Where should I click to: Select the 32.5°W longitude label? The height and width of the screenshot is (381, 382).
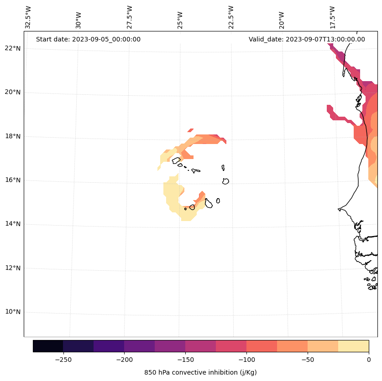pyautogui.click(x=28, y=17)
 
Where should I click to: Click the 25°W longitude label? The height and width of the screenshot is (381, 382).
pyautogui.click(x=180, y=17)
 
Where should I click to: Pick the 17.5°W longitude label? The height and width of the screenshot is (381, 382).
pyautogui.click(x=332, y=17)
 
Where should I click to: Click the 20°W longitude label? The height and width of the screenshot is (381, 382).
pyautogui.click(x=282, y=17)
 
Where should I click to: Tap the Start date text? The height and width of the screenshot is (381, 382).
pyautogui.click(x=88, y=39)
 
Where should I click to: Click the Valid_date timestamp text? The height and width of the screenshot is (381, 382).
pyautogui.click(x=307, y=39)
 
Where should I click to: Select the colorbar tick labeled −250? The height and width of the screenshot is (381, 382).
pyautogui.click(x=63, y=360)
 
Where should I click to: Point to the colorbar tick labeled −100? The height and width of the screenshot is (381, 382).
pyautogui.click(x=246, y=360)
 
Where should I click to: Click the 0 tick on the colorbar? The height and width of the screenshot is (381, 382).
pyautogui.click(x=369, y=360)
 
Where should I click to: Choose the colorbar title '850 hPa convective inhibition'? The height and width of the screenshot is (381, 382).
pyautogui.click(x=200, y=372)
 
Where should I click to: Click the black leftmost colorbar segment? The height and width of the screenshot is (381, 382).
pyautogui.click(x=48, y=346)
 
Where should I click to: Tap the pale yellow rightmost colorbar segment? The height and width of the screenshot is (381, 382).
pyautogui.click(x=353, y=346)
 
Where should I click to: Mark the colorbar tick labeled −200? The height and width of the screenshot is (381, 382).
pyautogui.click(x=124, y=360)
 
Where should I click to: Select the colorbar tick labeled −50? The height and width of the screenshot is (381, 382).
pyautogui.click(x=308, y=360)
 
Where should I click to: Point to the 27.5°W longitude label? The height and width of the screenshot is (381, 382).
pyautogui.click(x=130, y=17)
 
